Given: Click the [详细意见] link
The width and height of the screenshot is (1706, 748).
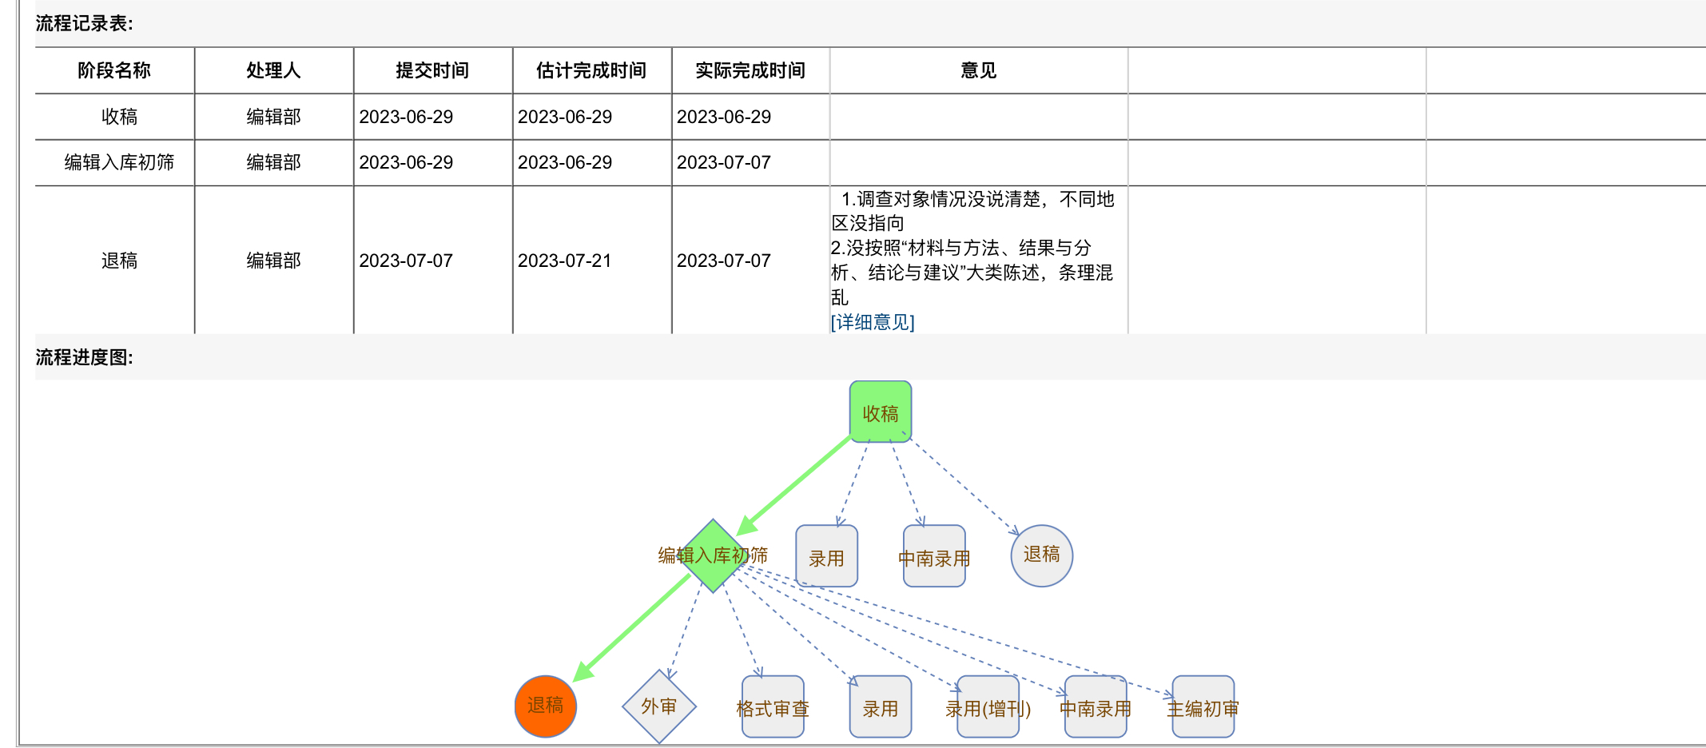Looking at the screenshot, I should [x=873, y=322].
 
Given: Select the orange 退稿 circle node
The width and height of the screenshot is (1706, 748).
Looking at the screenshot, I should [x=546, y=706].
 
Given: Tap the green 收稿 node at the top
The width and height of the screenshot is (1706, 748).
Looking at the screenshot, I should [x=881, y=412].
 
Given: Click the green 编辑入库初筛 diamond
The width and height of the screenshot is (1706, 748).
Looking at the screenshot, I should [x=713, y=555].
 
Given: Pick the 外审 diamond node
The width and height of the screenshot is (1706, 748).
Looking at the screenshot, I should [x=659, y=706].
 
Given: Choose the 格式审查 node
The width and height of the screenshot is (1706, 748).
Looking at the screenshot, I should [x=773, y=707].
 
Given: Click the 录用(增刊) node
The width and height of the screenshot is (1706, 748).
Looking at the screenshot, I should [x=988, y=707].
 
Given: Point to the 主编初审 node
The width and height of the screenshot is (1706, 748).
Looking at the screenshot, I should [x=1203, y=707].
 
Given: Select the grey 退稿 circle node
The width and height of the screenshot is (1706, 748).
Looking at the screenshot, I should [x=1041, y=555].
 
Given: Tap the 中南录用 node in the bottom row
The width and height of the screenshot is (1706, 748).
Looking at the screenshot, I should [x=1096, y=707].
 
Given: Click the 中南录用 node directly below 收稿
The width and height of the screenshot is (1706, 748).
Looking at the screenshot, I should [x=934, y=557].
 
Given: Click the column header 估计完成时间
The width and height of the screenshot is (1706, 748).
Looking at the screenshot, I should [x=591, y=70].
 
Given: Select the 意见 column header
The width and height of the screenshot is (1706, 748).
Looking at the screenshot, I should [x=979, y=70].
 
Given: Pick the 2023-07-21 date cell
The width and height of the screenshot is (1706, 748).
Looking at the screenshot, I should [x=564, y=261].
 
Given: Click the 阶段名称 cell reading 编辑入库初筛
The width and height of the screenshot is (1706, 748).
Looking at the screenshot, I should [x=119, y=162].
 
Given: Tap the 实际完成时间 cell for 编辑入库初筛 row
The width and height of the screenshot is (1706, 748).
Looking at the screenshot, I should [x=724, y=162].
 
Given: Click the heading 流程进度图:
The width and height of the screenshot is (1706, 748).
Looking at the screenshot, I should [x=85, y=357].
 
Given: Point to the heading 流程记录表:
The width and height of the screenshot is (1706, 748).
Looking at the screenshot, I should [x=85, y=23].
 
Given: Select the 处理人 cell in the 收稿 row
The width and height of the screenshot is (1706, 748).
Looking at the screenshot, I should [x=273, y=117].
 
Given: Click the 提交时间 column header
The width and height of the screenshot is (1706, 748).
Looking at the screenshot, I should [x=432, y=70].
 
